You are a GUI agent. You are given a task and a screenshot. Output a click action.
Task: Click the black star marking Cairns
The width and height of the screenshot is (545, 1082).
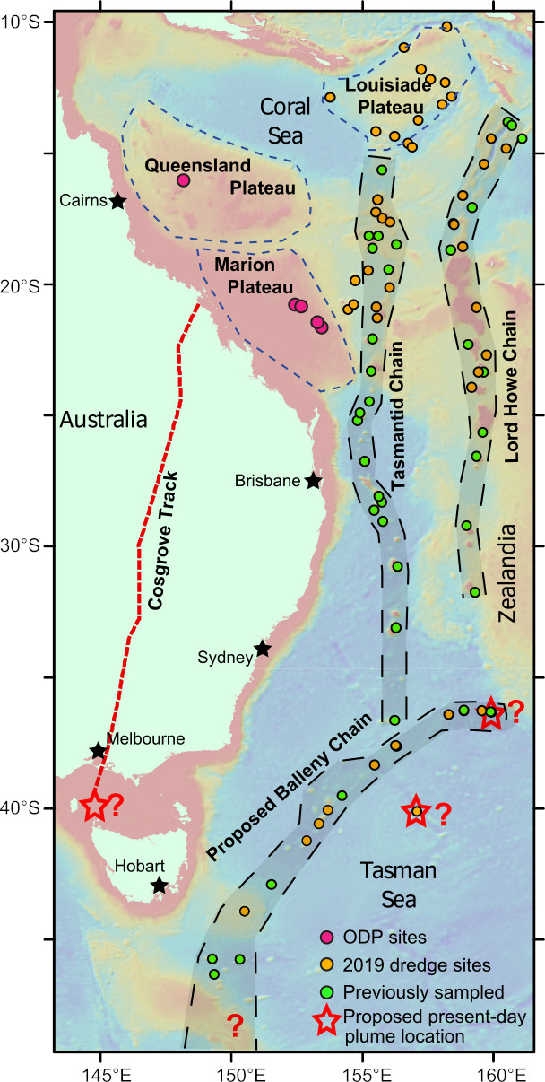tap(118, 201)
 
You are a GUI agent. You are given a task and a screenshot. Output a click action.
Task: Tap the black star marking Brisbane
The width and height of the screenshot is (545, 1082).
tap(313, 481)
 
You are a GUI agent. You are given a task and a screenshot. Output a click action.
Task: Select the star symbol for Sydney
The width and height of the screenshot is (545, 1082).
tap(263, 649)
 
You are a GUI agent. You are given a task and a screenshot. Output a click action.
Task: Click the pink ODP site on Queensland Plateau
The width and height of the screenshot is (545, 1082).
tap(183, 180)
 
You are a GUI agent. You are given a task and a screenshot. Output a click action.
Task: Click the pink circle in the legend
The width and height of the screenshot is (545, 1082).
tap(326, 938)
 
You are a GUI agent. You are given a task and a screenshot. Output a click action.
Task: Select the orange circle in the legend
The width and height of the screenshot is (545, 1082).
tap(326, 965)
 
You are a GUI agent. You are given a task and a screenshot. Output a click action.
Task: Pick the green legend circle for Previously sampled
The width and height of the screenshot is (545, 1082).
tap(326, 992)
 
